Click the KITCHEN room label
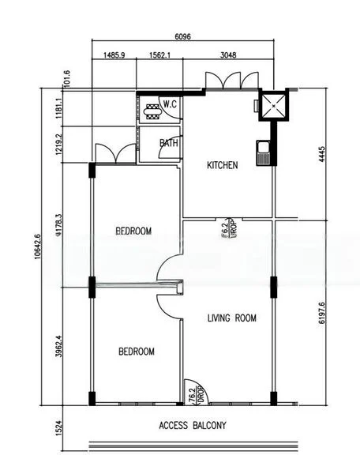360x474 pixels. pyautogui.click(x=222, y=166)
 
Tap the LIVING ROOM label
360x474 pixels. pyautogui.click(x=232, y=318)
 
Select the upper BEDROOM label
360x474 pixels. pyautogui.click(x=133, y=231)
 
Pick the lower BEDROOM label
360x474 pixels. pyautogui.click(x=137, y=352)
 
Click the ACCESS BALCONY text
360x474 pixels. pyautogui.click(x=193, y=426)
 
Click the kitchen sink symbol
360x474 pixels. pyautogui.click(x=263, y=150)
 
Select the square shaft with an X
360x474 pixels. pyautogui.click(x=276, y=106)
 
